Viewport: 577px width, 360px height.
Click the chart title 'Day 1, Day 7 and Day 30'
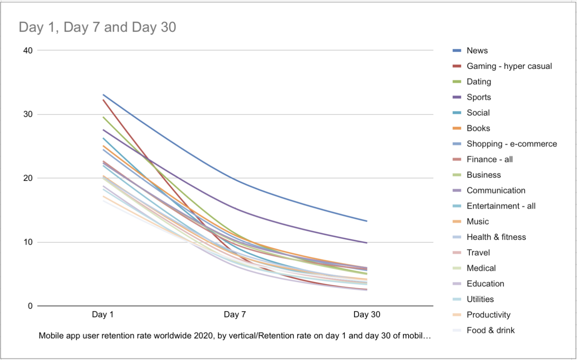pyautogui.click(x=97, y=27)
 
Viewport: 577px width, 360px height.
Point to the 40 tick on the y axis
pyautogui.click(x=28, y=51)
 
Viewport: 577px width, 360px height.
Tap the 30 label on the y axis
pyautogui.click(x=28, y=114)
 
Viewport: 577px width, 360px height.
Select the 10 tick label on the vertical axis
pyautogui.click(x=28, y=242)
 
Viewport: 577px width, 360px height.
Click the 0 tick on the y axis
pyautogui.click(x=30, y=306)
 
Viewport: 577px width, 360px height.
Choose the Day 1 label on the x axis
pyautogui.click(x=103, y=314)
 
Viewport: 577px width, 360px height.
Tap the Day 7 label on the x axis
pyautogui.click(x=235, y=314)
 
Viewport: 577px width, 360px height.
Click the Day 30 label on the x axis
pyautogui.click(x=367, y=314)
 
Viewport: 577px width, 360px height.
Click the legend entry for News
pyautogui.click(x=477, y=51)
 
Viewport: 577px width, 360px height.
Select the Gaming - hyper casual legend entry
pyautogui.click(x=509, y=66)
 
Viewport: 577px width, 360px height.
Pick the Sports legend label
pyautogui.click(x=479, y=97)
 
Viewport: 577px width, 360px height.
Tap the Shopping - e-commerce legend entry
pyautogui.click(x=512, y=144)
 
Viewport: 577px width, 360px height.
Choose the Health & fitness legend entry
pyautogui.click(x=496, y=237)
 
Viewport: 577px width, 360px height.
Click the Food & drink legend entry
pyautogui.click(x=491, y=330)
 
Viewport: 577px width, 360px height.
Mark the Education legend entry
pyautogui.click(x=485, y=284)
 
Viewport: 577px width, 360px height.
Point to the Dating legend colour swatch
pyautogui.click(x=457, y=82)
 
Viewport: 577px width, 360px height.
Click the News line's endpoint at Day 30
pyautogui.click(x=367, y=221)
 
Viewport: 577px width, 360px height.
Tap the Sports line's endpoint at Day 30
pyautogui.click(x=367, y=243)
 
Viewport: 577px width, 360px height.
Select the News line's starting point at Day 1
pyautogui.click(x=103, y=95)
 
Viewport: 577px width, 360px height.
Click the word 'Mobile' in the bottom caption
pyautogui.click(x=49, y=335)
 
